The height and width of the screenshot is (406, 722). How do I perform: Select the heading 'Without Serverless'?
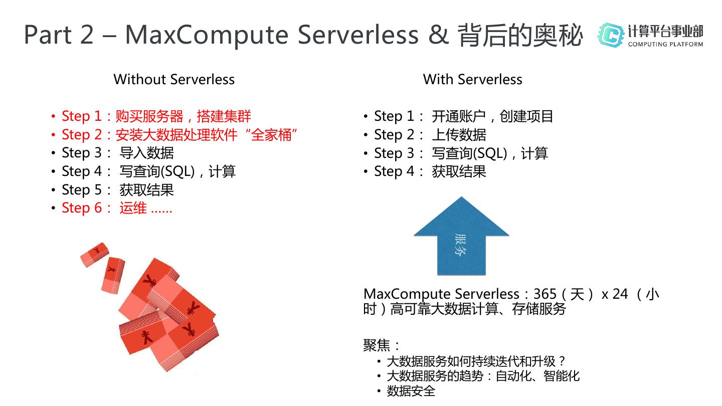[x=174, y=79]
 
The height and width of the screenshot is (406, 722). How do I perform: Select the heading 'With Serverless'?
[x=472, y=79]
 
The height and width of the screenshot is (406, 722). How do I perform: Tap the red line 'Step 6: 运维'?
[x=117, y=208]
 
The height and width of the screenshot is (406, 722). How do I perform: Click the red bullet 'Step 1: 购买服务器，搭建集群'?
[x=156, y=116]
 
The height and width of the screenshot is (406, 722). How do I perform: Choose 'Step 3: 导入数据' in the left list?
[x=118, y=153]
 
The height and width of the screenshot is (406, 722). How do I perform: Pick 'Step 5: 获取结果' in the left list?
[x=118, y=190]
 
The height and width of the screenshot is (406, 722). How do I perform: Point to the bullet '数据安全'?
[x=411, y=391]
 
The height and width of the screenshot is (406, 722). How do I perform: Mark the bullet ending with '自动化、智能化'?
[x=483, y=376]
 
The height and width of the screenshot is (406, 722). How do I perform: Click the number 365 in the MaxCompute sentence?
[x=545, y=294]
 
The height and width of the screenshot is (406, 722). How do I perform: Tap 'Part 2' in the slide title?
[x=59, y=35]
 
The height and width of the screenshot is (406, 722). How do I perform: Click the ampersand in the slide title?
[x=439, y=35]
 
